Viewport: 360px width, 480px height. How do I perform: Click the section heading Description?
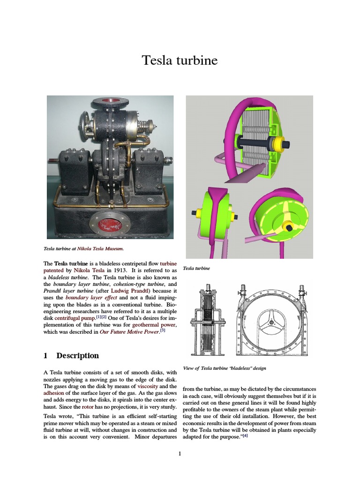tap(77, 356)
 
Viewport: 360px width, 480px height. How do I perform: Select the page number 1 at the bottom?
tap(180, 453)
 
